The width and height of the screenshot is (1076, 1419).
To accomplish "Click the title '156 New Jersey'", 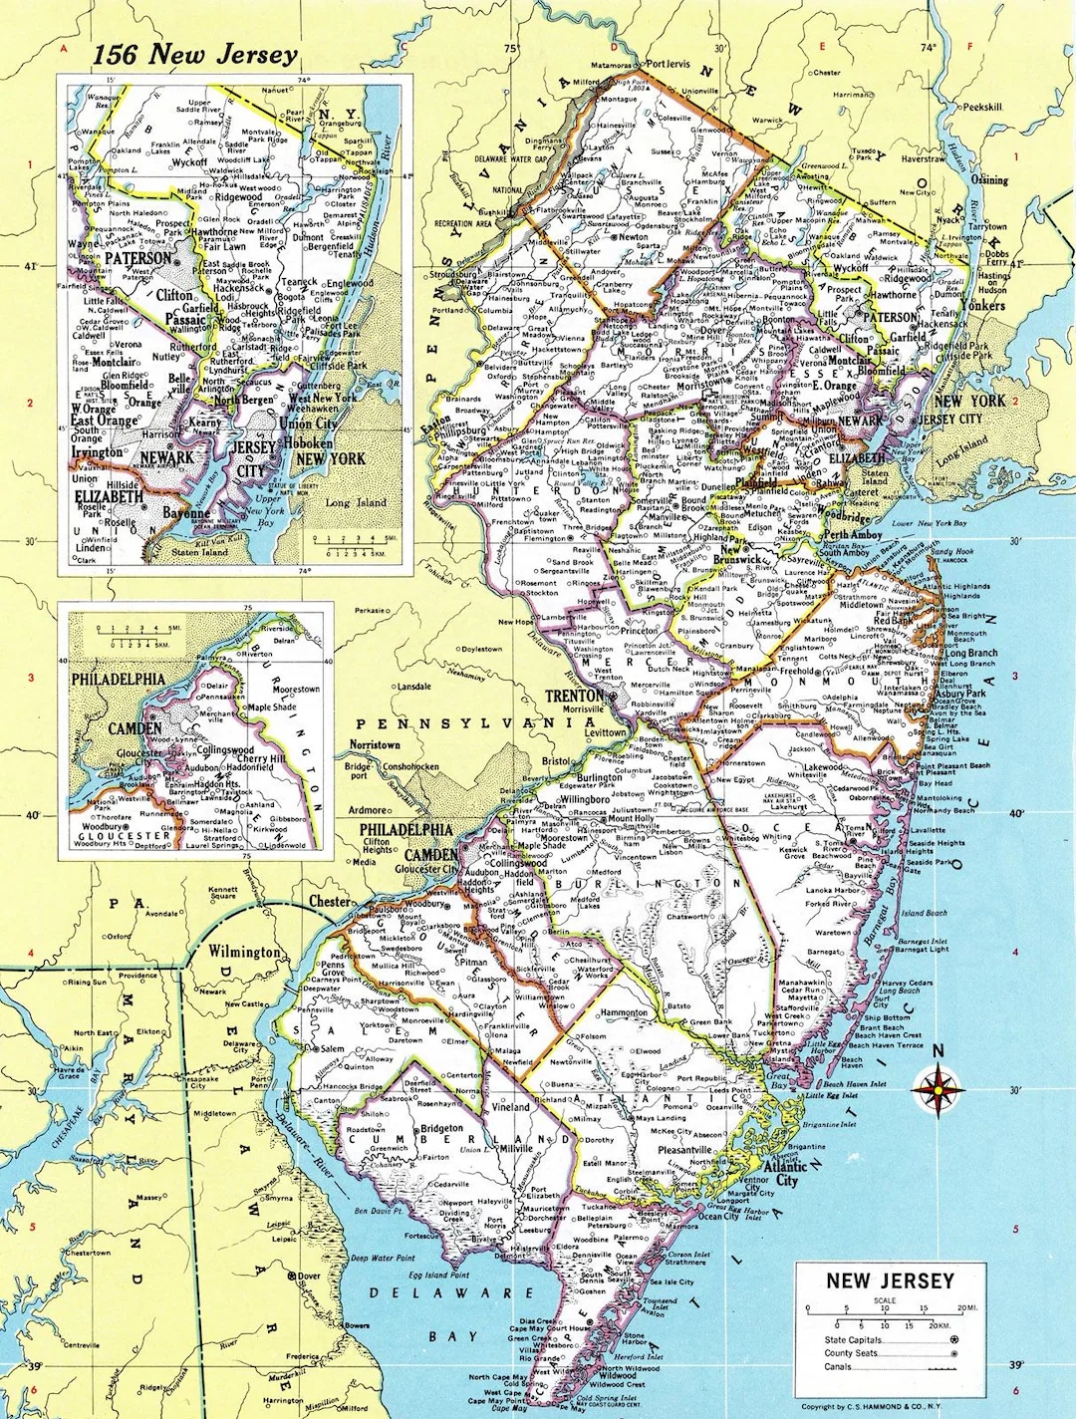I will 194,55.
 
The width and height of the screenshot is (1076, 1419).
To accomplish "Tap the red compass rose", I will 937,1090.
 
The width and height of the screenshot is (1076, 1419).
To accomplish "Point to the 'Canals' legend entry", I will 839,1367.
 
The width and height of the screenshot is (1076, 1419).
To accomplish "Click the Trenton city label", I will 574,696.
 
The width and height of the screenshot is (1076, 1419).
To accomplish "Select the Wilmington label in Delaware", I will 244,952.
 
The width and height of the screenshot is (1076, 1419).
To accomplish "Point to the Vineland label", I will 511,1106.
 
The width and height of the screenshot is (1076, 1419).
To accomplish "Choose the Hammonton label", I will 625,1012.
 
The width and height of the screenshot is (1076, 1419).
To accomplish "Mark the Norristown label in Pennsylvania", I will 375,744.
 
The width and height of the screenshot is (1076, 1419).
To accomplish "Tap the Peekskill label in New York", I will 981,107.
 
